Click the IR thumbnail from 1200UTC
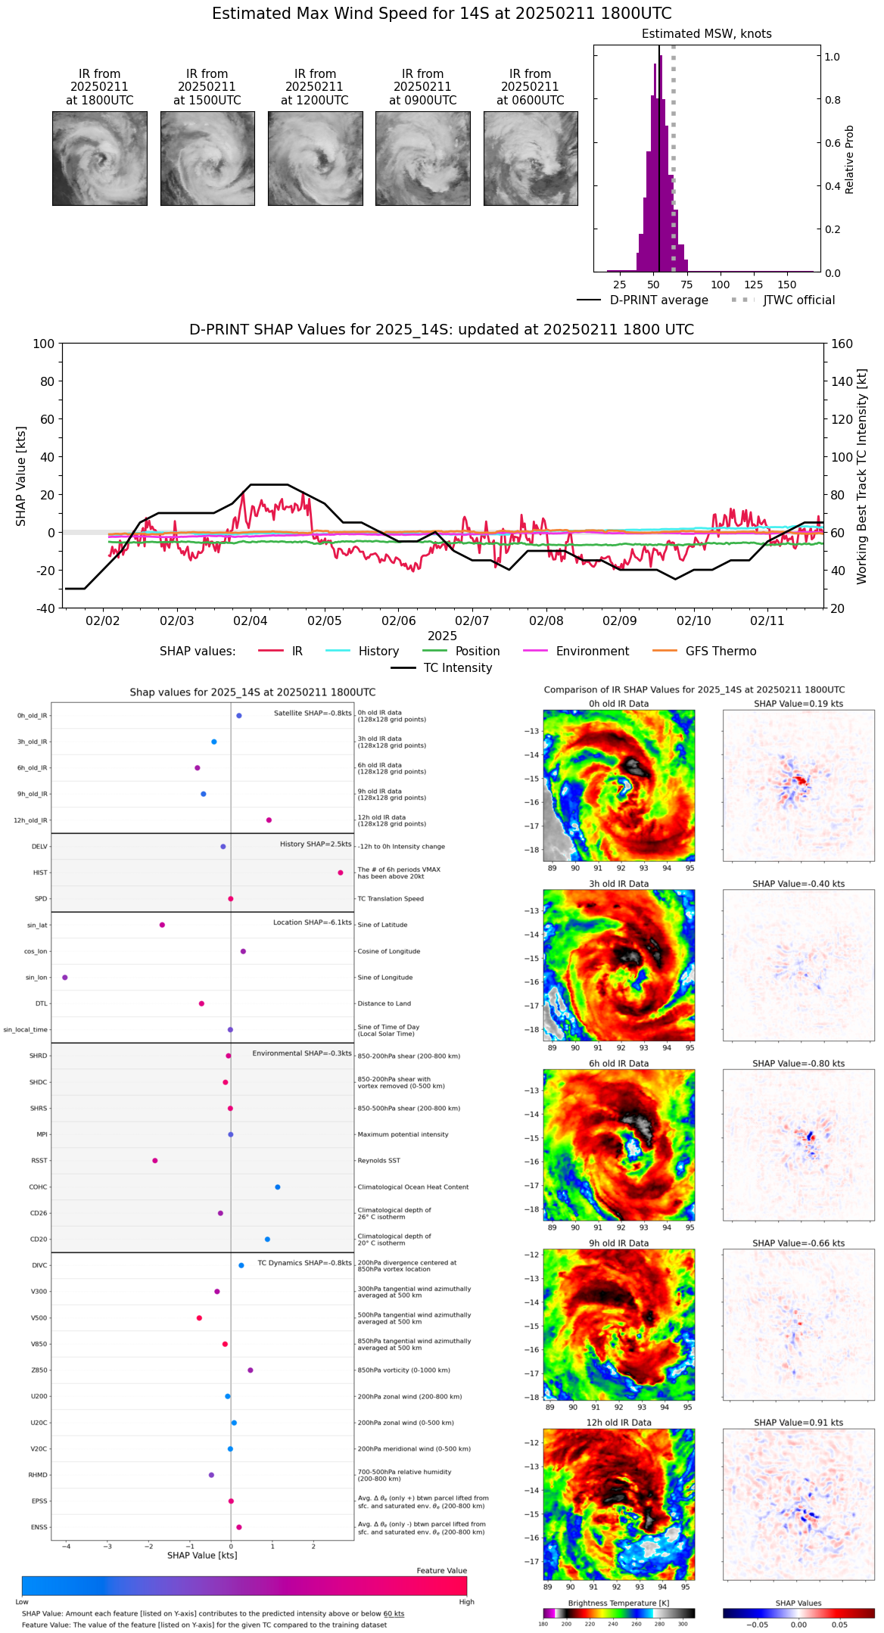[x=315, y=158]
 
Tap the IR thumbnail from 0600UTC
[x=531, y=158]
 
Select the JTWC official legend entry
[x=798, y=300]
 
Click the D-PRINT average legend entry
[x=658, y=300]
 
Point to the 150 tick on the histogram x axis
[x=787, y=285]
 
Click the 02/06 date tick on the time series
[x=398, y=621]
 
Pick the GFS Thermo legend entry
[x=721, y=652]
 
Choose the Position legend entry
[x=477, y=652]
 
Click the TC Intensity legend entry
[x=457, y=668]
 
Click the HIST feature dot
[x=341, y=872]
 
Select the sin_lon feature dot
[x=65, y=977]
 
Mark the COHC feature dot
[x=278, y=1187]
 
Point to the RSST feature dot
[x=155, y=1160]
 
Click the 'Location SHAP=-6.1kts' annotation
[x=312, y=922]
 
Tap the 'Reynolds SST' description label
[x=378, y=1161]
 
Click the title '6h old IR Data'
[x=618, y=1063]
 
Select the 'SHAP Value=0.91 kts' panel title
[x=798, y=1423]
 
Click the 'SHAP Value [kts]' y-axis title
[x=21, y=476]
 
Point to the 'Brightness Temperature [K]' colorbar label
[x=618, y=1603]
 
